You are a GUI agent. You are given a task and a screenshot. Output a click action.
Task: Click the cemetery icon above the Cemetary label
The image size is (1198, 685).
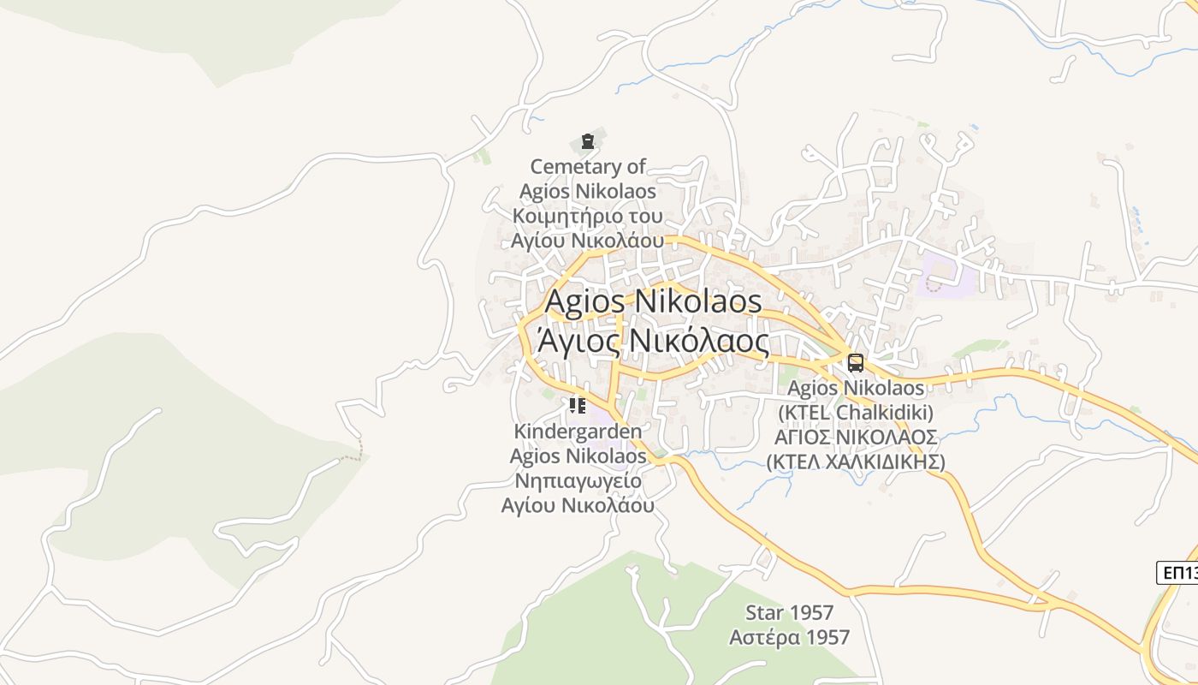587,141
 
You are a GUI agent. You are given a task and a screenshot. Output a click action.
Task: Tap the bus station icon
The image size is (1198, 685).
856,363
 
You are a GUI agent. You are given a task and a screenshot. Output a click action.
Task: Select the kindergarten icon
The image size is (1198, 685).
578,406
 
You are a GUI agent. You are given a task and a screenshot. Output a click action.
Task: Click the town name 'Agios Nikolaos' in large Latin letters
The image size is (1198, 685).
653,301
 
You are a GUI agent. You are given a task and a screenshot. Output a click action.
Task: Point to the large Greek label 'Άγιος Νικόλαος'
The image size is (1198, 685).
653,341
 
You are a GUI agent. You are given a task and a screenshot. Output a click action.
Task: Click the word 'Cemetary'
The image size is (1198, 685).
588,166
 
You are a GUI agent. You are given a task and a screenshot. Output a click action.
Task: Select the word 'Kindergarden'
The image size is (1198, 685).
578,432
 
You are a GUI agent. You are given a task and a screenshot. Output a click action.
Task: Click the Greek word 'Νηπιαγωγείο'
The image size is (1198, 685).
578,480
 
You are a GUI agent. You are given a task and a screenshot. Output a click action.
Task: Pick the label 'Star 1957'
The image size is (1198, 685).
789,613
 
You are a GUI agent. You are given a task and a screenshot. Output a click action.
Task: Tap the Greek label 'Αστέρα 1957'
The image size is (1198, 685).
789,638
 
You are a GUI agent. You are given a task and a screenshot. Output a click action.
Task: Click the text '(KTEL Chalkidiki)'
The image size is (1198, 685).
856,413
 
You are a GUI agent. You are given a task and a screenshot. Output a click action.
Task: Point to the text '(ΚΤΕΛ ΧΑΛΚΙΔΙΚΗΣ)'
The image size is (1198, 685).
856,462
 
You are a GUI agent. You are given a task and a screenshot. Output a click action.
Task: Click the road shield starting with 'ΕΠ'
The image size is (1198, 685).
1179,573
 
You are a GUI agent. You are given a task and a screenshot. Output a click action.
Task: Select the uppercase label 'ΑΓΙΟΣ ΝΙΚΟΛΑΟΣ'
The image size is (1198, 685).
856,438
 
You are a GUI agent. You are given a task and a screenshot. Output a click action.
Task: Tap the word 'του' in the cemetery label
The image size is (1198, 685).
640,215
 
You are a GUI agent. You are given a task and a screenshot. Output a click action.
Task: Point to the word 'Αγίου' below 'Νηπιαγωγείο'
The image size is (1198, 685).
528,505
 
